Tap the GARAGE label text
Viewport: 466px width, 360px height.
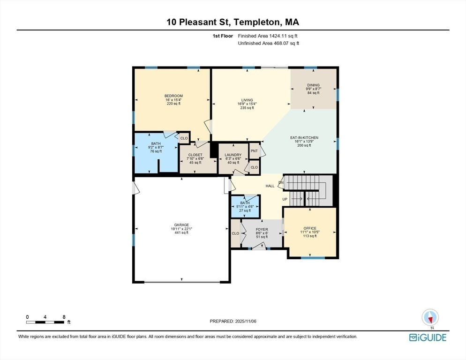tap(181, 225)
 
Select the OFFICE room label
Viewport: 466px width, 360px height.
tap(310, 228)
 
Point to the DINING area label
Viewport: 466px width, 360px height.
tap(313, 85)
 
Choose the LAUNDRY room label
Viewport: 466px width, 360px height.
tap(233, 155)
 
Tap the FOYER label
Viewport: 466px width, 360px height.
tap(262, 229)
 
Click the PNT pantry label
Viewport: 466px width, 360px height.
tap(254, 151)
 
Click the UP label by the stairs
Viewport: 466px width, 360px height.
tap(285, 199)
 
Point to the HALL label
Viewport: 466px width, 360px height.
tap(270, 186)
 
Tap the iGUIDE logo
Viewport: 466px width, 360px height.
tap(428, 337)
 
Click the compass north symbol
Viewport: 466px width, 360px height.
tap(430, 317)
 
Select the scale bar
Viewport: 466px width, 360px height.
tap(45, 322)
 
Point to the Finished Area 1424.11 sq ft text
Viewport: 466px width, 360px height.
tap(268, 36)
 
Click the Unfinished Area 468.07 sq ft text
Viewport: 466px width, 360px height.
tap(269, 43)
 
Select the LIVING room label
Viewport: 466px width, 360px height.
tap(247, 100)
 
